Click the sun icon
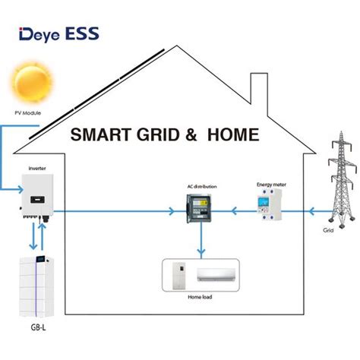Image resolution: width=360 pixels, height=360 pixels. pos(33,82)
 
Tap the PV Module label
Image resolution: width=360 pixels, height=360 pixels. pos(27,113)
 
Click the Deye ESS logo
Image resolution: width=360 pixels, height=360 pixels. pos(59,34)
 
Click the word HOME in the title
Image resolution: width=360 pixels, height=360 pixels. pos(233,134)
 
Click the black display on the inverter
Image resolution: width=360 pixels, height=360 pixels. pos(38,200)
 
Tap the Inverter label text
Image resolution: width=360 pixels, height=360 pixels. pos(37,169)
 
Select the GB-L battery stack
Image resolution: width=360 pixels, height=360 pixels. pos(36,286)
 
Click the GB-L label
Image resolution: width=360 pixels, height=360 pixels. pos(39,327)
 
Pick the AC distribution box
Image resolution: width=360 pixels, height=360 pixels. pos(199,208)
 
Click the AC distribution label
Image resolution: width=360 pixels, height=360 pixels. pos(202,187)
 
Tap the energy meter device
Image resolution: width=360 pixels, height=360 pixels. pos(269,204)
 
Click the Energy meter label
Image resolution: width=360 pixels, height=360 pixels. pos(271,185)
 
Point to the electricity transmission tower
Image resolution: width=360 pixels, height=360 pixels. pos(342,180)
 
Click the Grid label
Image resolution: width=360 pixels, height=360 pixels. pos(328,230)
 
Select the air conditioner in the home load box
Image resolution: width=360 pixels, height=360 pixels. pos(216,275)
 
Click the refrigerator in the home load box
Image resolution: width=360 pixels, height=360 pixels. pos(179,276)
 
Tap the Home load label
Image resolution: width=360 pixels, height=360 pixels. pos(200,297)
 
